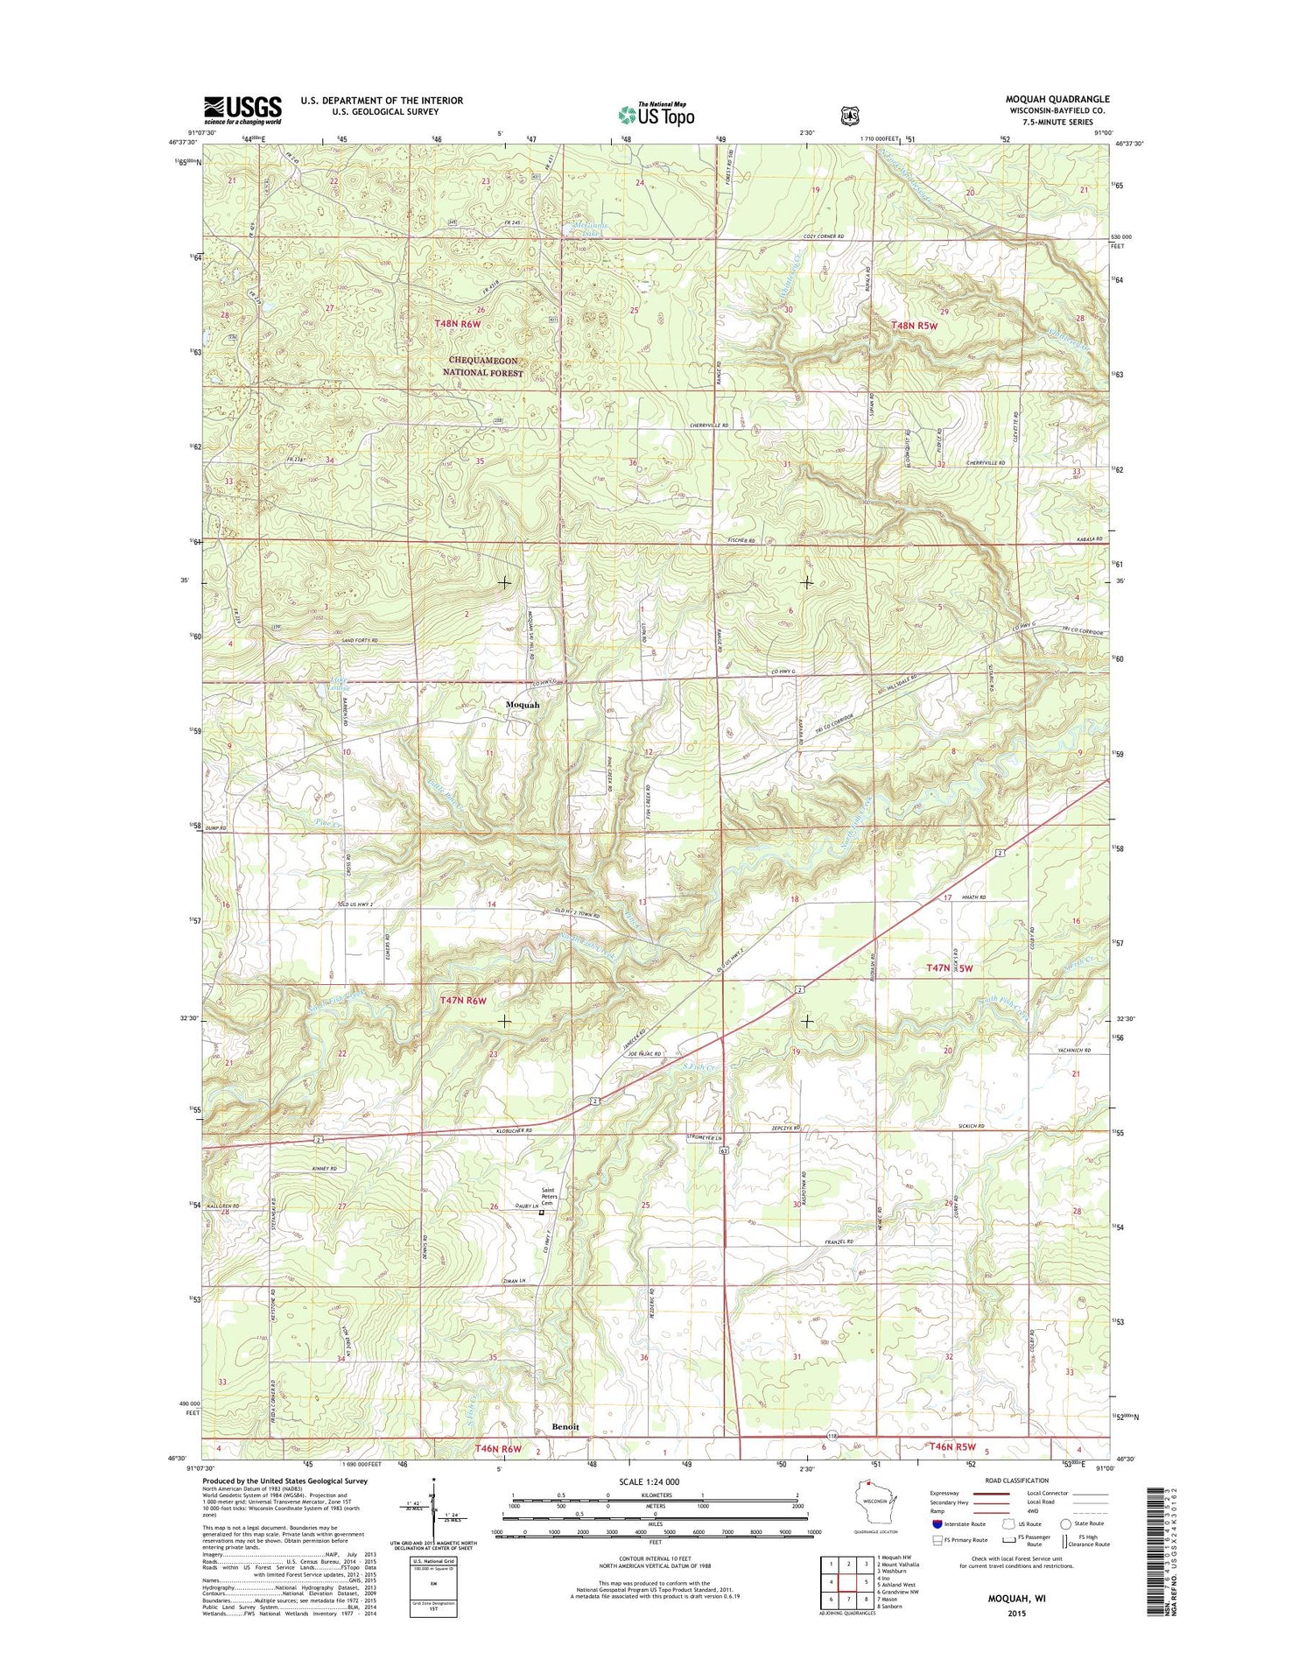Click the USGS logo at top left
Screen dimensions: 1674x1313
point(242,109)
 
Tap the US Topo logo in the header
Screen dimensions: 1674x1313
point(656,114)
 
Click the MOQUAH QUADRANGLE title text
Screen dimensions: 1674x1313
point(1057,100)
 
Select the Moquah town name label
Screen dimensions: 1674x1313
point(522,705)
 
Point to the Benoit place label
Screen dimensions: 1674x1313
point(565,1426)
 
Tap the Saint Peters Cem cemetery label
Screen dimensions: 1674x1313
point(549,1197)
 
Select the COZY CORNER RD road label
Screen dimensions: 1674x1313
point(824,236)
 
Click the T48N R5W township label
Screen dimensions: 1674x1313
point(914,326)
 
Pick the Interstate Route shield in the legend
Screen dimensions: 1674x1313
point(938,1523)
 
